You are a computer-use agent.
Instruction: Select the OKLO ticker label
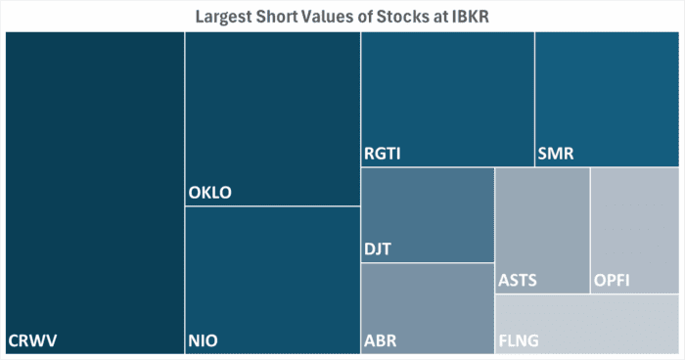point(210,193)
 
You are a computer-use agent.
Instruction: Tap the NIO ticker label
point(203,340)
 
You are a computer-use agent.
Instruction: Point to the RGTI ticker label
point(384,155)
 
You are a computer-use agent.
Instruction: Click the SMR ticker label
point(555,155)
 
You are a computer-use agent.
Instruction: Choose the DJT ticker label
point(378,249)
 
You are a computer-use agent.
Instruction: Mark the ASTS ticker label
point(518,281)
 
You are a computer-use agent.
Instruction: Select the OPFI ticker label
point(613,281)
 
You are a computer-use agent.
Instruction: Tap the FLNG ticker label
point(520,340)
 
